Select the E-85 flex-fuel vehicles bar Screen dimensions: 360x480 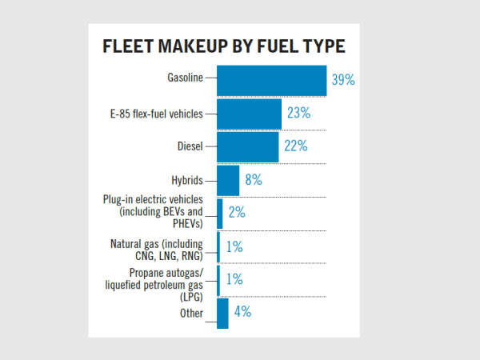tap(249, 114)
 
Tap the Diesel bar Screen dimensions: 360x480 tap(248, 147)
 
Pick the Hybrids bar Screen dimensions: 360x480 tap(228, 180)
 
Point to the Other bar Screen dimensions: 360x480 tap(222, 313)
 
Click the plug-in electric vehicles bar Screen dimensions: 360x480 tap(220, 213)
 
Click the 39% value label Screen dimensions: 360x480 tap(343, 80)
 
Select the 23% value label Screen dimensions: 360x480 tap(298, 114)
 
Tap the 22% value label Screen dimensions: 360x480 tap(295, 147)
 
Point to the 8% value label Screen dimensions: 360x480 tap(254, 180)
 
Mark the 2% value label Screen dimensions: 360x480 tap(236, 213)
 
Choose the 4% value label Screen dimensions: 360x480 tap(242, 313)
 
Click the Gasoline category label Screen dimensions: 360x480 tap(185, 78)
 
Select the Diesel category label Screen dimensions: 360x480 tap(190, 146)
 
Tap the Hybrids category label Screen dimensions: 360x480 tap(186, 180)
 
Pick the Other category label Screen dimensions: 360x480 tap(191, 314)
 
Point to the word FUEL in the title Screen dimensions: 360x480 tap(278, 47)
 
